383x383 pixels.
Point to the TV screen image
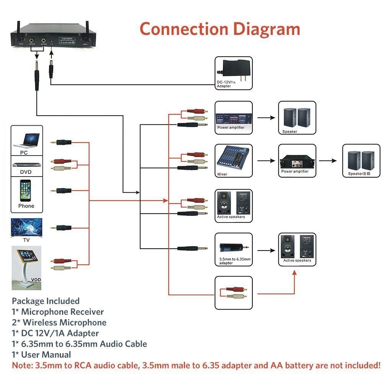(x=26, y=228)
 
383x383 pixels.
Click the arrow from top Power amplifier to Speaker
(x=267, y=118)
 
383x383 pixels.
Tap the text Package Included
(x=46, y=301)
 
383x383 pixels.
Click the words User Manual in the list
(x=46, y=355)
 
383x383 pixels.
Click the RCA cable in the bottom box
(x=234, y=293)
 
